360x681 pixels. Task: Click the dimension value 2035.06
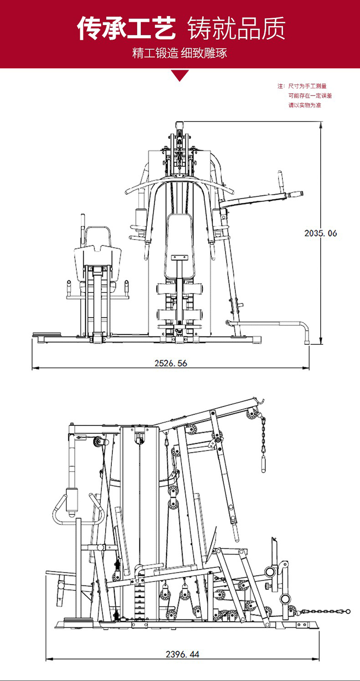321,233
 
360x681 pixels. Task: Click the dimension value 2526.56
171,363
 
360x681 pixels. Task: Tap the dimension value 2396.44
182,654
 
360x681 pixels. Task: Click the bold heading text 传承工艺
127,28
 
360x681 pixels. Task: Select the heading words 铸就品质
236,28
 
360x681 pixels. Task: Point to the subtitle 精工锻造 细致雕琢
180,53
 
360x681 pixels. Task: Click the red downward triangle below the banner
180,75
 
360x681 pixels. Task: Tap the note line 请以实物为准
305,105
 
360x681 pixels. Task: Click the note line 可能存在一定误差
310,96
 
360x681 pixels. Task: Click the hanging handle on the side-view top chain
264,464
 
